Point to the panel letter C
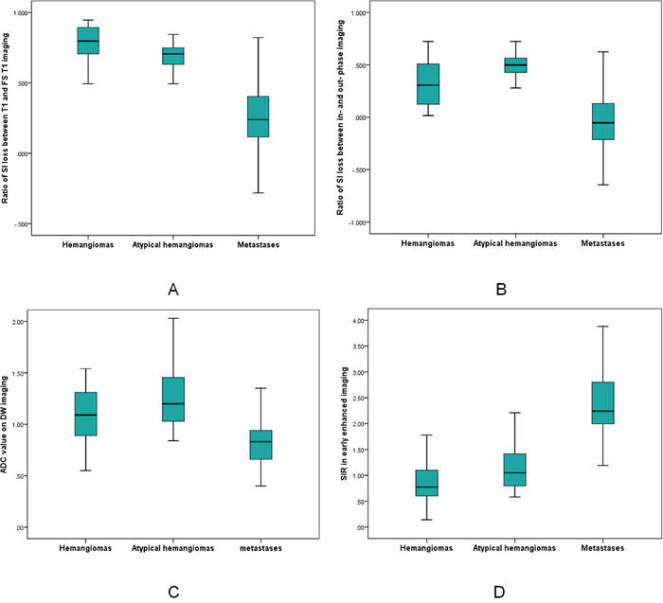point(172,593)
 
